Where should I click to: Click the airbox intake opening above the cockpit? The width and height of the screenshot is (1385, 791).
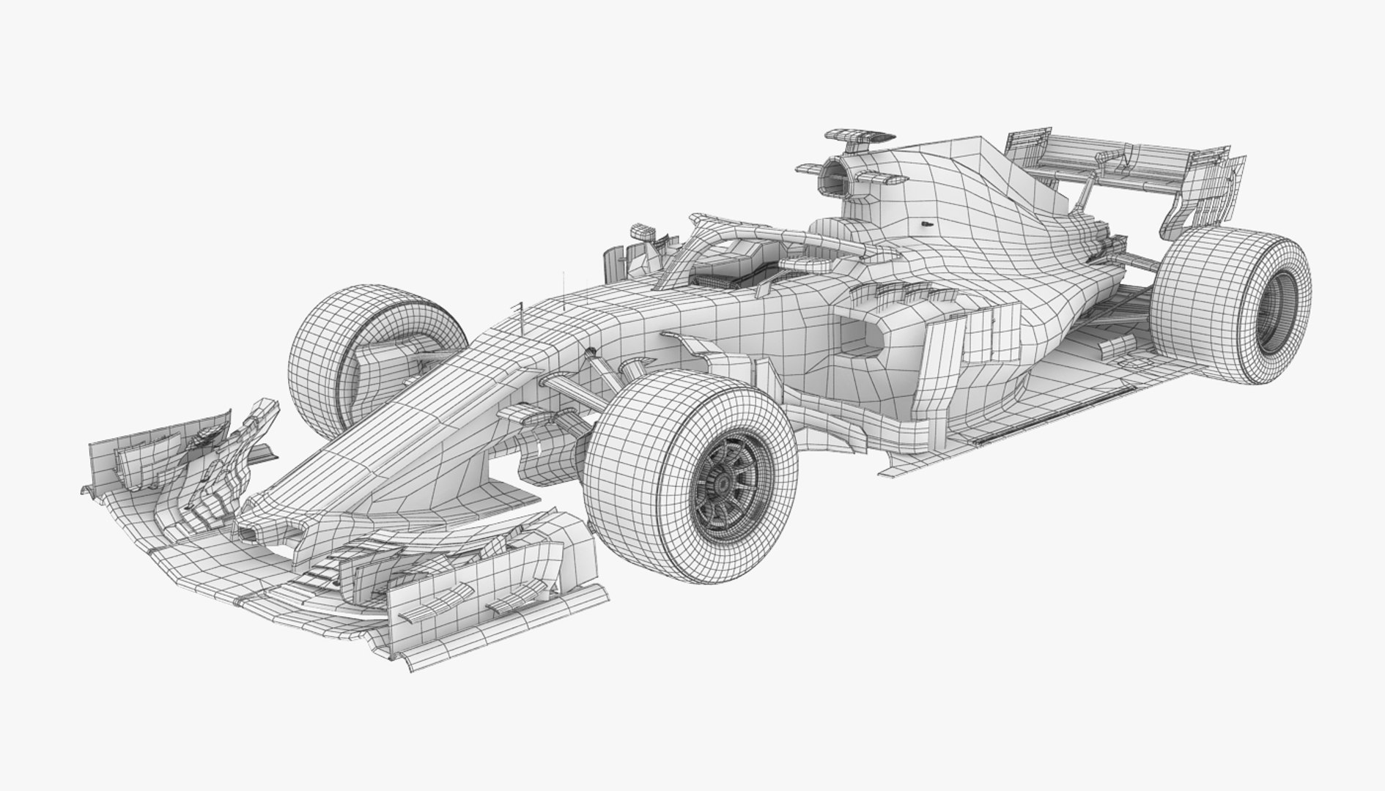click(x=833, y=176)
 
